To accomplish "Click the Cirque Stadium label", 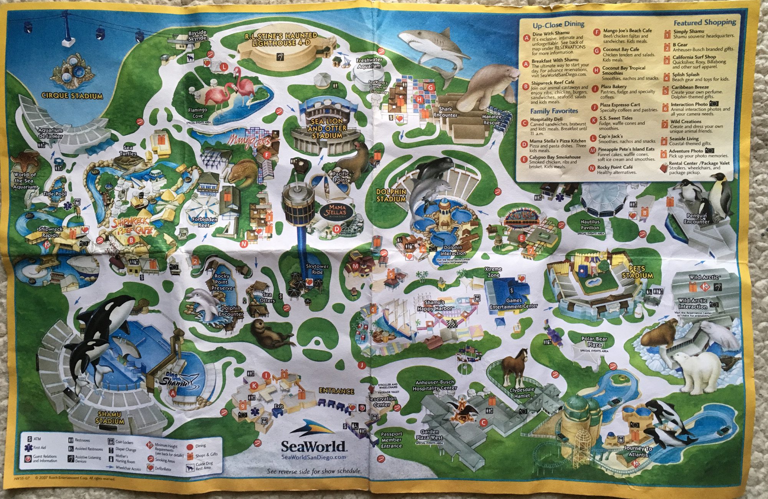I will click(x=72, y=96).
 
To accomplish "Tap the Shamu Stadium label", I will click(x=110, y=418).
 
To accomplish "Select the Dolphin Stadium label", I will click(x=391, y=195).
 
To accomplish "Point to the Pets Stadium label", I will click(x=637, y=272).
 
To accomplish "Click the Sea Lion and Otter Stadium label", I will click(x=327, y=128).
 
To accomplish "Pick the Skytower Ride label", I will click(x=317, y=269).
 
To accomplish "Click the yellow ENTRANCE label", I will click(x=336, y=391).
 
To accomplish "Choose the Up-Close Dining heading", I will click(x=558, y=25).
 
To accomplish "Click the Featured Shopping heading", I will click(x=705, y=22).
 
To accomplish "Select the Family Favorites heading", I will click(x=554, y=111).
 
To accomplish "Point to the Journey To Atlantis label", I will click(x=638, y=451).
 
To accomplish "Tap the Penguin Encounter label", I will click(x=697, y=218).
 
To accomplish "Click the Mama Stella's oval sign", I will click(x=336, y=210).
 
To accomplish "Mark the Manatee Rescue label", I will click(x=492, y=119).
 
